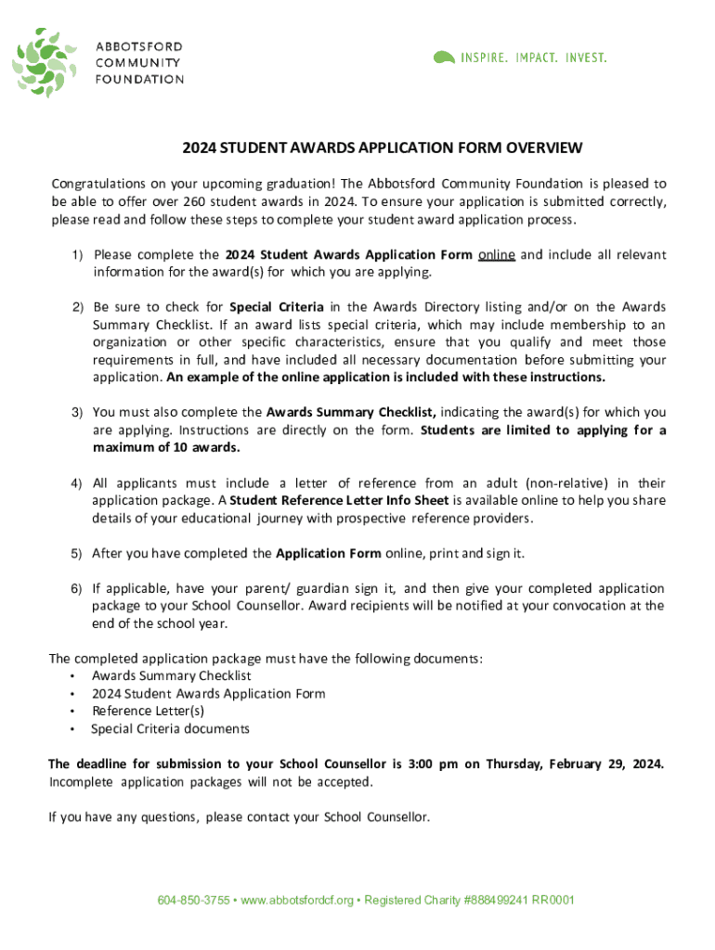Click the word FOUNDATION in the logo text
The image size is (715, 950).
[140, 79]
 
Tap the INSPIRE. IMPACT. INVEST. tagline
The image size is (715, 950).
[533, 58]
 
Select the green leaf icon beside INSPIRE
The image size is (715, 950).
[445, 58]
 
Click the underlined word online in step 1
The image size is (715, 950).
[497, 254]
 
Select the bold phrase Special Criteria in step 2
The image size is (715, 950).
[277, 306]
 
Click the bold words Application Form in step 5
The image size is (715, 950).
[329, 553]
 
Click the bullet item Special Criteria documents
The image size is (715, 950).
[170, 728]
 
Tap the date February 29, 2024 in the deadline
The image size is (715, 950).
[606, 764]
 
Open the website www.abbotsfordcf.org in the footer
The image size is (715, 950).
[297, 900]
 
